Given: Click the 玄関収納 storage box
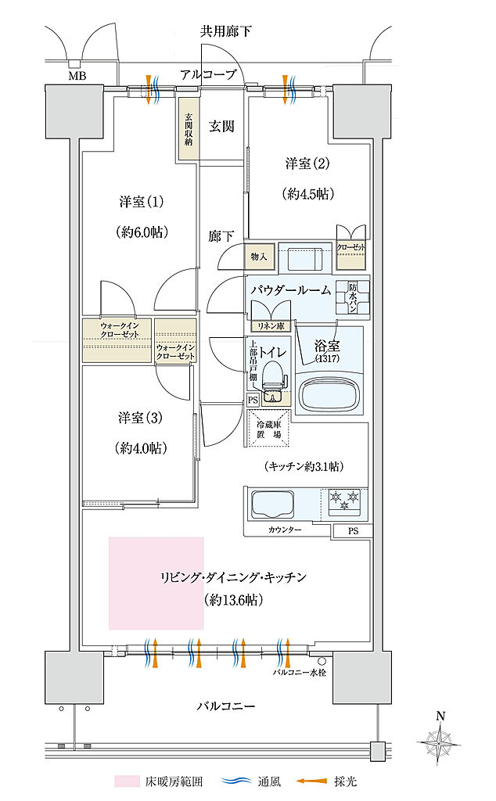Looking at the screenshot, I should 188,128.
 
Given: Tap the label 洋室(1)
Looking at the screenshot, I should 141,202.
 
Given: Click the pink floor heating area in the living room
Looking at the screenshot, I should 156,583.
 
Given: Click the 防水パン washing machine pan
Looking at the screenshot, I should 352,296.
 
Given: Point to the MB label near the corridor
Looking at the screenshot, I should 77,76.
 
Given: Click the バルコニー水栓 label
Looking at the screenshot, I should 299,671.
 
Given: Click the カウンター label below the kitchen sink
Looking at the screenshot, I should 282,530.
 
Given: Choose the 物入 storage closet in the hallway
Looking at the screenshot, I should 259,257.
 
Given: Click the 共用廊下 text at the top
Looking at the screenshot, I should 227,31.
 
